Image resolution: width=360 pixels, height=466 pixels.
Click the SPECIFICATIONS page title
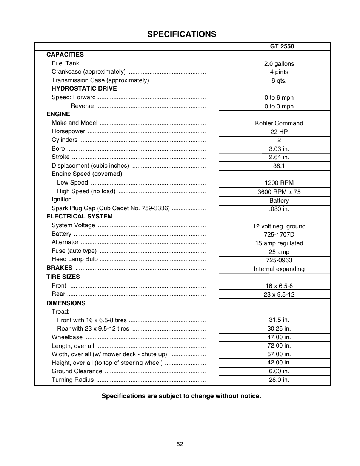(x=182, y=34)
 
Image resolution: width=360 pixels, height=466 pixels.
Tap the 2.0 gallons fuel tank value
(x=279, y=64)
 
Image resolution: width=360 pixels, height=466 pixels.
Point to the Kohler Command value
(x=279, y=123)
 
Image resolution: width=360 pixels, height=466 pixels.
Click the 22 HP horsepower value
(x=279, y=132)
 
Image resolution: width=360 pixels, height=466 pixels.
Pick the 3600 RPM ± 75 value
(x=279, y=192)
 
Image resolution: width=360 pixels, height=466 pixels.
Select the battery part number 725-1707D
(x=279, y=234)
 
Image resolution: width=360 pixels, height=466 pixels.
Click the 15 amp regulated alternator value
(x=279, y=243)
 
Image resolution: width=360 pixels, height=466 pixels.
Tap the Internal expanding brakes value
(x=279, y=269)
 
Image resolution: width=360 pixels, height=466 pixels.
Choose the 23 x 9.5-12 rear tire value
(x=279, y=294)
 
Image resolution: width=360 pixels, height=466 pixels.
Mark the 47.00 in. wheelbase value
(x=279, y=337)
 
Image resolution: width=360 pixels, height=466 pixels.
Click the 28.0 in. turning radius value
(x=279, y=380)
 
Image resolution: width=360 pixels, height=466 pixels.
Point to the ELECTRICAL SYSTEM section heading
(x=79, y=217)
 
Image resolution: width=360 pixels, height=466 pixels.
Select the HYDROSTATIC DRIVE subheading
(x=84, y=89)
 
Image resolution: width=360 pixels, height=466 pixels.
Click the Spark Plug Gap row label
(x=111, y=208)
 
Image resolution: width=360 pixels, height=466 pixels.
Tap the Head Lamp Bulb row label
(x=75, y=259)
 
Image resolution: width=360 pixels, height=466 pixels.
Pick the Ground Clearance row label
(x=77, y=371)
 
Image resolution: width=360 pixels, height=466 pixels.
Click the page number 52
(x=180, y=444)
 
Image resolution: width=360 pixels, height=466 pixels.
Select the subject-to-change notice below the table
(x=181, y=396)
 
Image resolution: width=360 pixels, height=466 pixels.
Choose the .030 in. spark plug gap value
(x=279, y=209)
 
